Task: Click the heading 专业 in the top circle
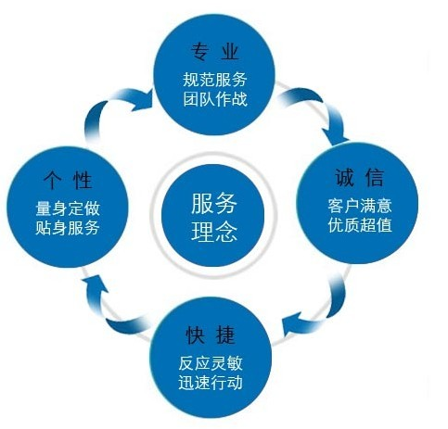click(215, 52)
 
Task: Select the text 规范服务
click(215, 80)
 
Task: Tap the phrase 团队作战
click(215, 99)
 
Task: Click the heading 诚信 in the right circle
click(360, 178)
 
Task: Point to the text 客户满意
click(360, 206)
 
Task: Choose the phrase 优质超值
click(360, 225)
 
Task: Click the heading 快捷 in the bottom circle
click(211, 334)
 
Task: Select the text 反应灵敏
click(211, 363)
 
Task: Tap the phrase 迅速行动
click(211, 383)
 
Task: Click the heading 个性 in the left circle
click(68, 180)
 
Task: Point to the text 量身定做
click(68, 208)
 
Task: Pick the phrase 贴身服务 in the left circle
click(68, 228)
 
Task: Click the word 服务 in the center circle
click(214, 203)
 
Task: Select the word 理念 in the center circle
click(214, 232)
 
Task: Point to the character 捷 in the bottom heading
click(226, 334)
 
